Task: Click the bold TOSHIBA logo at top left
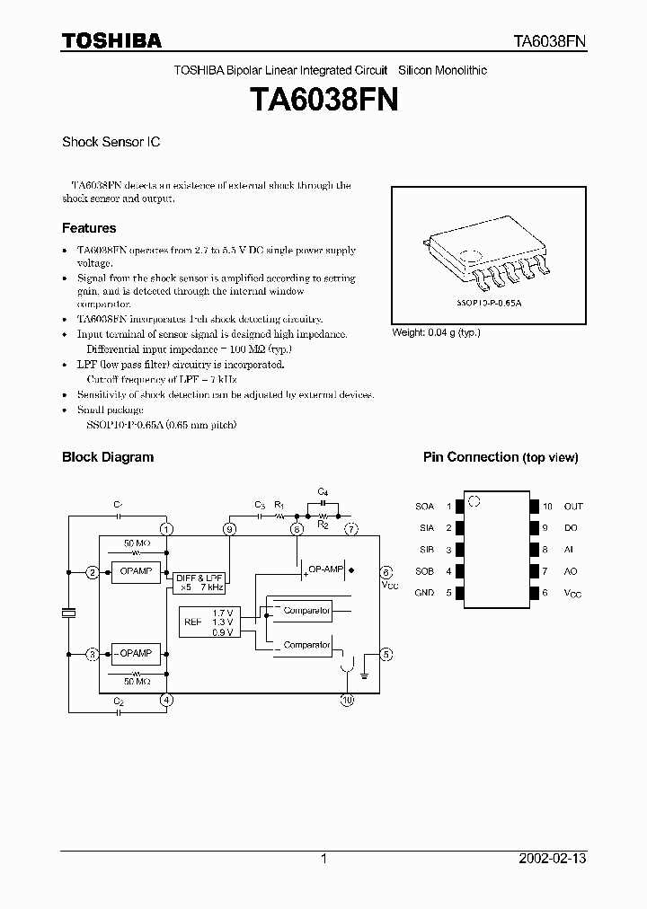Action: pos(111,40)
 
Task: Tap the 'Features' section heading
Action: pos(89,228)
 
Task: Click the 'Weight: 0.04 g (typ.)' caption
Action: pos(436,332)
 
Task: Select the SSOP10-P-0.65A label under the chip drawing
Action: pos(487,304)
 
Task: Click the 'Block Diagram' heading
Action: pos(107,457)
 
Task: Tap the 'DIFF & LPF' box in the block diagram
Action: pos(199,582)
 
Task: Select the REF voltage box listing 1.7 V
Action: pos(208,622)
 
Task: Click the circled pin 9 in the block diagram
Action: pos(231,529)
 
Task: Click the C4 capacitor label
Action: pos(323,491)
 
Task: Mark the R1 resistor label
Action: pos(279,506)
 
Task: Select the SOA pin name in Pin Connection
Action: pos(424,507)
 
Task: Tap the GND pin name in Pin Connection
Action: pos(424,593)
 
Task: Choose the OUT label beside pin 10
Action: pos(572,507)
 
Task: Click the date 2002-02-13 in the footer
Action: pos(553,859)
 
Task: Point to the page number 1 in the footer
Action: pos(323,859)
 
